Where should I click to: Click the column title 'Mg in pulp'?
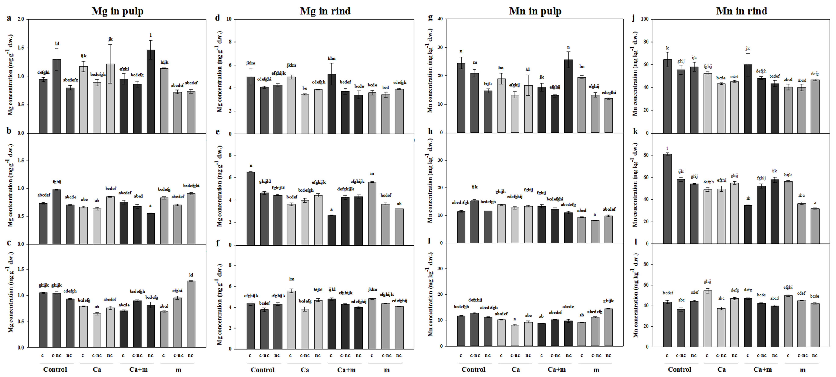click(118, 11)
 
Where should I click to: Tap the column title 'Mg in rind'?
click(325, 11)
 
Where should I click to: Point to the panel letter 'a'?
click(9, 18)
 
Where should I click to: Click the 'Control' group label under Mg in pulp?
click(55, 370)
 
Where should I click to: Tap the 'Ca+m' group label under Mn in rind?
click(762, 370)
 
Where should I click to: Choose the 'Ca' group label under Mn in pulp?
click(516, 370)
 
